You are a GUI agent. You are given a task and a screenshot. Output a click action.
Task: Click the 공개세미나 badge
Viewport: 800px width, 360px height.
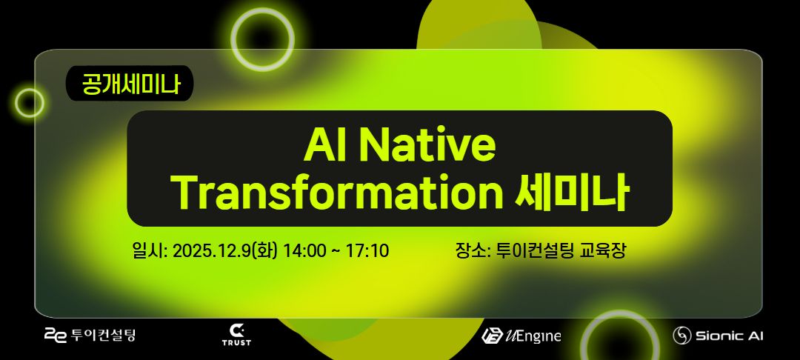point(130,84)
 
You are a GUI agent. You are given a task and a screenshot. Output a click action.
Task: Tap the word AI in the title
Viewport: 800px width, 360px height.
point(324,145)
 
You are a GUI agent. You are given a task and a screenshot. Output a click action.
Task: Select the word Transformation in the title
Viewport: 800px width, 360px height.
point(337,191)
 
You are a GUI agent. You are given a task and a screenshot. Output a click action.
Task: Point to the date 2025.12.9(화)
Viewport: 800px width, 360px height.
point(225,250)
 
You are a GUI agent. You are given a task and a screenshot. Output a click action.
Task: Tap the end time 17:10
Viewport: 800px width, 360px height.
point(367,250)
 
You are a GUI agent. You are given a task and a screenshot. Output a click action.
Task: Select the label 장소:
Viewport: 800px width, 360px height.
point(473,250)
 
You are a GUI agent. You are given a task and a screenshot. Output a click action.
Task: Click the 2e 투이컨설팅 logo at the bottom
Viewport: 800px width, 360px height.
point(90,336)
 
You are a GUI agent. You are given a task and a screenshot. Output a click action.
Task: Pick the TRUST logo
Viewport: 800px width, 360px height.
point(236,335)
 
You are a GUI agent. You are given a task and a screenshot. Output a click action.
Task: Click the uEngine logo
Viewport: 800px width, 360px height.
point(521,336)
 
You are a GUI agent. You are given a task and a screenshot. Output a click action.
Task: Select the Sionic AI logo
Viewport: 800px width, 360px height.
point(718,336)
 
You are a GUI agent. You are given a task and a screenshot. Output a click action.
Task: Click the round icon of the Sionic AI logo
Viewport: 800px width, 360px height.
point(681,336)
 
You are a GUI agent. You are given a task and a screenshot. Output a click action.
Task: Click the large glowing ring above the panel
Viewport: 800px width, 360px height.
point(262,39)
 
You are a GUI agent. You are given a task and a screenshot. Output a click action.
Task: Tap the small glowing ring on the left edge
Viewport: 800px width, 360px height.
point(30,102)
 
